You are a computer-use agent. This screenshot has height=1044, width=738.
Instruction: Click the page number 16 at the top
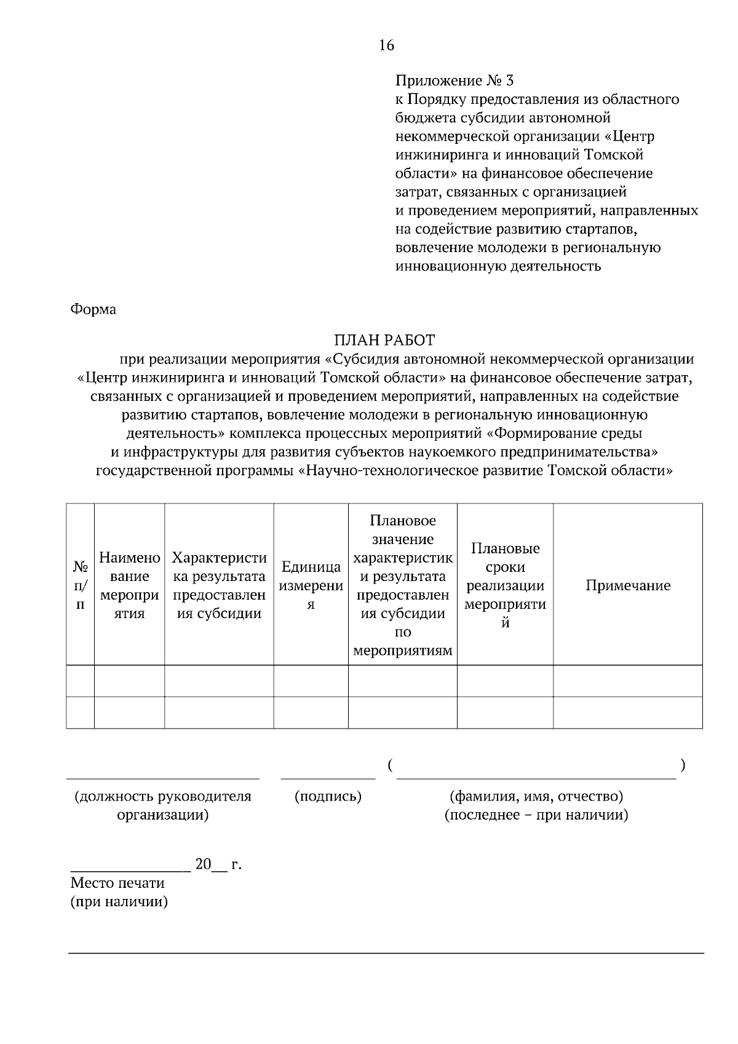tap(386, 45)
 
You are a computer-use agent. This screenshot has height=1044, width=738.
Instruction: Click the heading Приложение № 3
tap(454, 81)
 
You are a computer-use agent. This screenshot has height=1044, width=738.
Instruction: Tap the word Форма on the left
tap(93, 309)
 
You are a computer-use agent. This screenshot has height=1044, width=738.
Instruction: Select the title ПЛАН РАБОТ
tap(384, 340)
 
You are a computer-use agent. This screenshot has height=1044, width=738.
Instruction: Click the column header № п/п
tap(80, 585)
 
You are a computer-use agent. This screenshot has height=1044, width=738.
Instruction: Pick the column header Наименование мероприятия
tap(129, 585)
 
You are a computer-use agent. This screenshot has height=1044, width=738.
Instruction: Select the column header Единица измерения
tap(311, 585)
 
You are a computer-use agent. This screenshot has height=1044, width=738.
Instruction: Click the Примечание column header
tap(627, 585)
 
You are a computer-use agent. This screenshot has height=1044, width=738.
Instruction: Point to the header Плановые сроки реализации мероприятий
tap(505, 585)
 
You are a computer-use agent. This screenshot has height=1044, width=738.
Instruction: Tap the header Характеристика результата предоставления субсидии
tap(219, 585)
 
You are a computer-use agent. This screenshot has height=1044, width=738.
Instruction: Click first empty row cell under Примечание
tap(627, 681)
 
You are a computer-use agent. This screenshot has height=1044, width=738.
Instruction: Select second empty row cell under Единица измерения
tap(311, 713)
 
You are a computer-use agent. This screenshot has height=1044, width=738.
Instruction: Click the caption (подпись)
tap(328, 797)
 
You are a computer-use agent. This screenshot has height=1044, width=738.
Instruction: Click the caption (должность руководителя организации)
tap(163, 805)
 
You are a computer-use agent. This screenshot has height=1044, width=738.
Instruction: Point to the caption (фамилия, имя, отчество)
tap(536, 796)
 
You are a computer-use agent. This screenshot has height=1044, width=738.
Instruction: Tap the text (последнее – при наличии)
tap(536, 815)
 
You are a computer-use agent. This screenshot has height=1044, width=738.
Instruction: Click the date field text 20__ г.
tap(218, 864)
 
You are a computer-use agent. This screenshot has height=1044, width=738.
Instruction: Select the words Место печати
tap(117, 883)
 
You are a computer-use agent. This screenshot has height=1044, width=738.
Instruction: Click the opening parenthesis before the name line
tap(391, 765)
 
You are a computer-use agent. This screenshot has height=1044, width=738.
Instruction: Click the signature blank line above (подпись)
tap(328, 778)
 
